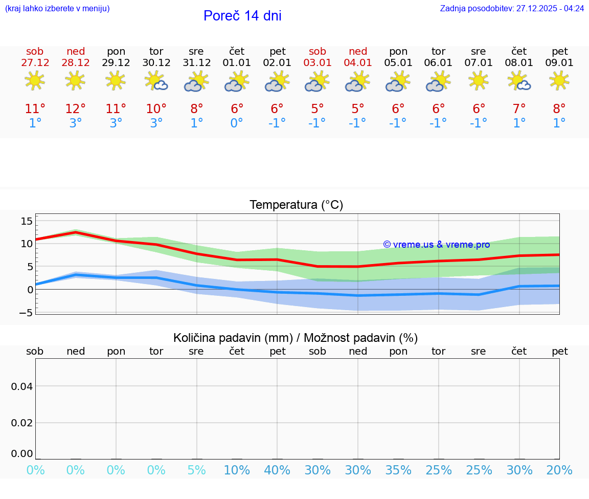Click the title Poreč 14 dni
242,16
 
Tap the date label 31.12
197,63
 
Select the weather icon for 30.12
156,81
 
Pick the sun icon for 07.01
479,81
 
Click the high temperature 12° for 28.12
75,109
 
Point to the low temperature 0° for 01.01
237,123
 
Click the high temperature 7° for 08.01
519,109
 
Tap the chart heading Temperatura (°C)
296,205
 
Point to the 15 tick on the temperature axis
27,221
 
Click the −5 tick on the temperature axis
26,312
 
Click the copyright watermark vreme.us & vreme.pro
437,245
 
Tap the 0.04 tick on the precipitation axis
22,386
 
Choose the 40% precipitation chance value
278,470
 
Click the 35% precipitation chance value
398,470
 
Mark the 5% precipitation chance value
197,470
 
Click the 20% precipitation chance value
559,470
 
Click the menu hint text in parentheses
57,9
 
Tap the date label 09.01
560,63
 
